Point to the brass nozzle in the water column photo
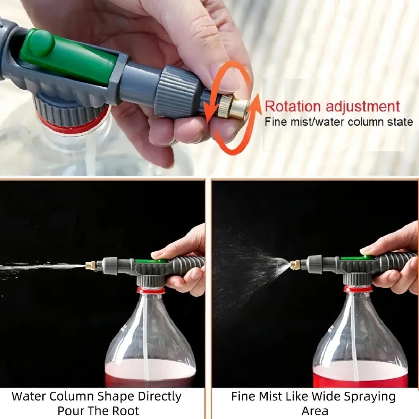pyautogui.click(x=91, y=265)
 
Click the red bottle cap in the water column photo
pyautogui.click(x=151, y=290)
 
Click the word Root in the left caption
pyautogui.click(x=126, y=411)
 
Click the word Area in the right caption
pyautogui.click(x=315, y=411)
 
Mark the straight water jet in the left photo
pyautogui.click(x=42, y=266)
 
